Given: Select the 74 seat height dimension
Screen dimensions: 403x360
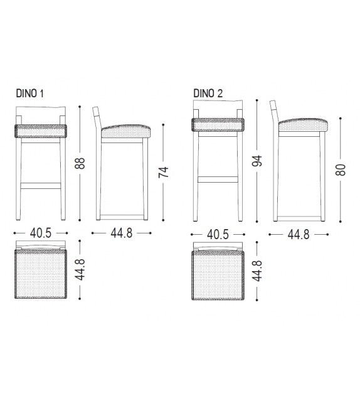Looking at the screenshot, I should pos(164,172).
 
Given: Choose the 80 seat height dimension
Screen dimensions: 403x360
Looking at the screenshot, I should pos(341,169).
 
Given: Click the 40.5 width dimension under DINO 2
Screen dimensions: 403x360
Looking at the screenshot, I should pos(218,234).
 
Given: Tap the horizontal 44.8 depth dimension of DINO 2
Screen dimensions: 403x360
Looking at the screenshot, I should pos(300,234).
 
